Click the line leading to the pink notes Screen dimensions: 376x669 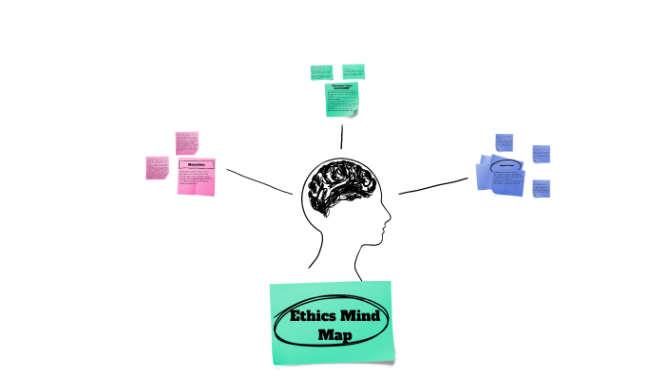pos(258,181)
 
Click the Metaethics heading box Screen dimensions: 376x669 pos(197,165)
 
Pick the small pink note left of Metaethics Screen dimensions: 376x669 pos(156,167)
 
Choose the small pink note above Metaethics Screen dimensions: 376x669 pos(185,142)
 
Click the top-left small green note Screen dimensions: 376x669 pos(321,72)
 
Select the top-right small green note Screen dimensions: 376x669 pos(354,71)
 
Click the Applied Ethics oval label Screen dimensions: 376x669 pos(507,166)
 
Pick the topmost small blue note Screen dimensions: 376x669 pos(504,141)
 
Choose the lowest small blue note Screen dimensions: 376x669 pos(541,188)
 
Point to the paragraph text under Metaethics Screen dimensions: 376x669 pos(195,180)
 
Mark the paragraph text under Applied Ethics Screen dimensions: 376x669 pos(506,179)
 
